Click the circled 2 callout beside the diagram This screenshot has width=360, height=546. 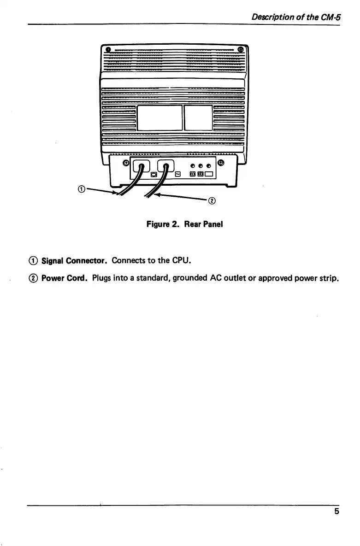click(x=212, y=200)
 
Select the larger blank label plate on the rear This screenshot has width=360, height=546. click(x=160, y=117)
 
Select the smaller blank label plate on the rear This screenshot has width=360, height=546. click(x=198, y=117)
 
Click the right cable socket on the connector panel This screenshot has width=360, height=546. click(x=166, y=165)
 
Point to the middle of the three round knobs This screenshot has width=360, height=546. click(x=201, y=165)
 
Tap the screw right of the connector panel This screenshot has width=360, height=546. click(x=221, y=162)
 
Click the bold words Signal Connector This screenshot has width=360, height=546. click(x=75, y=262)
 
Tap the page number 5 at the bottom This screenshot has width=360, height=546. click(x=336, y=511)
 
